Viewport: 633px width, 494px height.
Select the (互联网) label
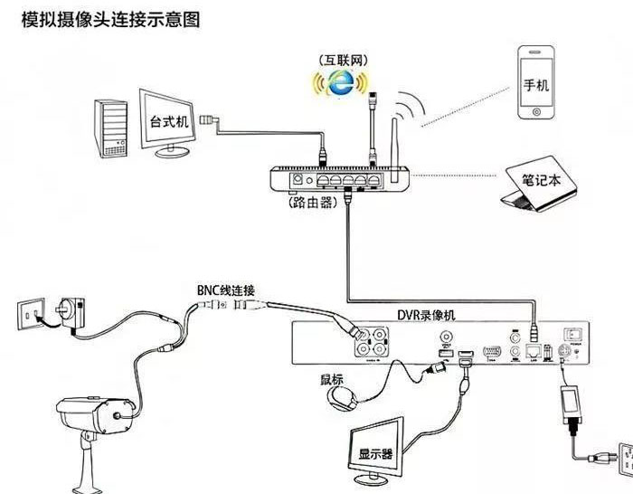tap(341, 59)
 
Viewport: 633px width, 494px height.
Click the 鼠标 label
tap(332, 379)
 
